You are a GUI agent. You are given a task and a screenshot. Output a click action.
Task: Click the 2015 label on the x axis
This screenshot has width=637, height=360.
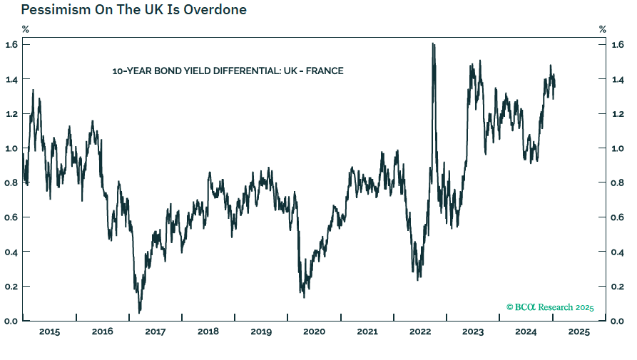click(49, 331)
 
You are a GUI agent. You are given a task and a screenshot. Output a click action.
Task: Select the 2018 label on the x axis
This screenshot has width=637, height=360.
click(208, 331)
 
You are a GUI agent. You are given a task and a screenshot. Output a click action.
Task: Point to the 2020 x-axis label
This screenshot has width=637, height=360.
click(314, 331)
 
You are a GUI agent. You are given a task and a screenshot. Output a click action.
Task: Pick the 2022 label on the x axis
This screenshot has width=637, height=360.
click(420, 331)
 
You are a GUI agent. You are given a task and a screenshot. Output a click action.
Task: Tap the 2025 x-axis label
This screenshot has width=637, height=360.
click(579, 331)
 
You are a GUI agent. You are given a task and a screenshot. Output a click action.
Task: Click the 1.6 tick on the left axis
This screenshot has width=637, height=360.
click(12, 44)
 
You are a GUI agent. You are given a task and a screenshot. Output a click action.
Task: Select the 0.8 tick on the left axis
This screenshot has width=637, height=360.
click(12, 182)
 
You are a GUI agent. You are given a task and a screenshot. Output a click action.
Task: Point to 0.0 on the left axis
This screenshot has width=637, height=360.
click(12, 321)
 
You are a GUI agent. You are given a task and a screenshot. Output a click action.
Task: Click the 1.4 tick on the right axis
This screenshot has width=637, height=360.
click(618, 79)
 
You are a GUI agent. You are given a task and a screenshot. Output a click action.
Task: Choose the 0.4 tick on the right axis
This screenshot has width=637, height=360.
click(618, 252)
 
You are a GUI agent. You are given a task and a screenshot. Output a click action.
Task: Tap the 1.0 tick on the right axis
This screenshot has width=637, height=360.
click(618, 148)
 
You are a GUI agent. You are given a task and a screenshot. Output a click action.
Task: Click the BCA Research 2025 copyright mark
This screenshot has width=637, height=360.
click(550, 307)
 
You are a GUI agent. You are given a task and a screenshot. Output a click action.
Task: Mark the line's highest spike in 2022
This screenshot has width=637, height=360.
click(433, 44)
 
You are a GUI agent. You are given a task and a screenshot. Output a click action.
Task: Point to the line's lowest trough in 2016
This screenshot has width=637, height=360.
click(139, 312)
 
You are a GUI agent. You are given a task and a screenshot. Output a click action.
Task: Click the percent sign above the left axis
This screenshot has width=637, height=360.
click(26, 29)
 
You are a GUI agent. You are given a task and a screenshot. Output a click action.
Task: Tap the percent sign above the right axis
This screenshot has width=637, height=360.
click(603, 29)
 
